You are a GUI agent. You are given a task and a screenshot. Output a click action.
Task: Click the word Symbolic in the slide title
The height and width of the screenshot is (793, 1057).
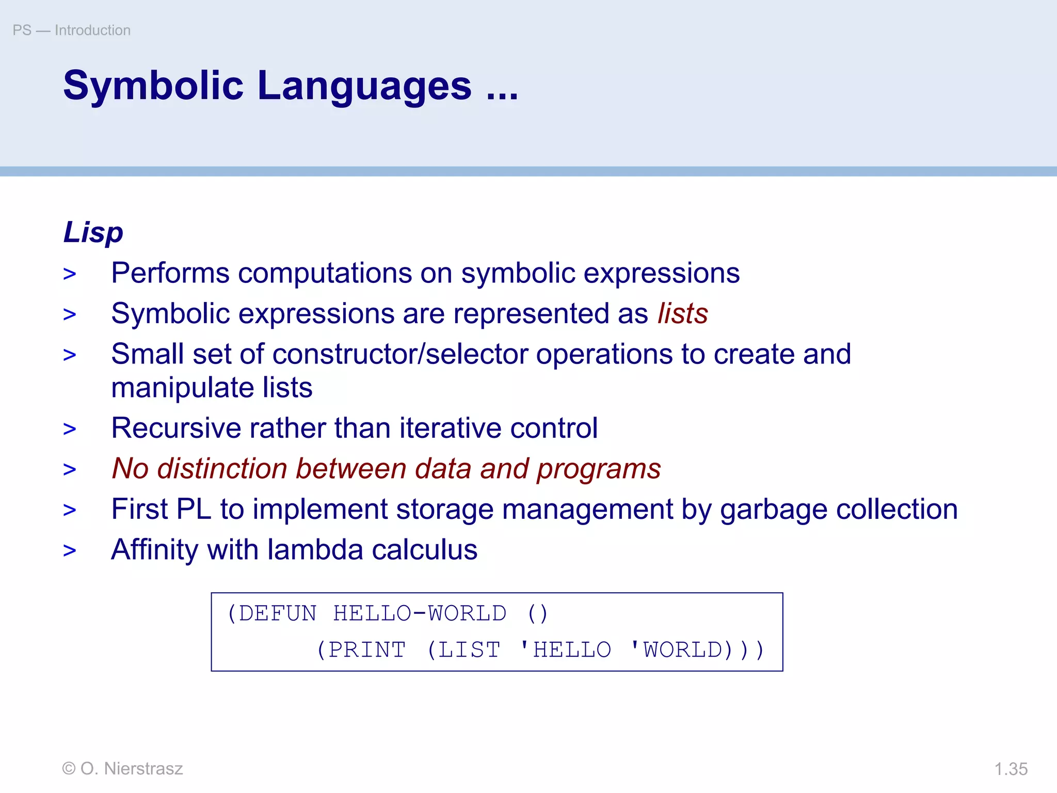pos(153,86)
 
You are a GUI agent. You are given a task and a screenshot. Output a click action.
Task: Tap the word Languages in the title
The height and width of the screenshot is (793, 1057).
pos(364,86)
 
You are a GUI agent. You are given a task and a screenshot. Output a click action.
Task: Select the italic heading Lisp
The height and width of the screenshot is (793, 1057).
pos(93,232)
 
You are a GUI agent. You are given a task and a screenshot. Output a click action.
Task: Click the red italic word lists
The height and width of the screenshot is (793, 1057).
pos(682,314)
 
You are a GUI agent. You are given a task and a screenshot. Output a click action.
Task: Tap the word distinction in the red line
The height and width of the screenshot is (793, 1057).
pos(222,469)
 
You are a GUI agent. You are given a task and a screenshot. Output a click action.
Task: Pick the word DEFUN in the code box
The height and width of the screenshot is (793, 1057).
pos(278,613)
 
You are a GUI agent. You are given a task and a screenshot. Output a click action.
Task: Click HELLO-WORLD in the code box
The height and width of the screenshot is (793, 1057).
pos(419,613)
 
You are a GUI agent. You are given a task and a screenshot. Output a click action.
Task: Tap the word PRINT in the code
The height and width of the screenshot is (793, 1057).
pos(367,649)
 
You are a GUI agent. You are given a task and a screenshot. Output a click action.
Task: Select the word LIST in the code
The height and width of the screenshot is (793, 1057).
pos(469,649)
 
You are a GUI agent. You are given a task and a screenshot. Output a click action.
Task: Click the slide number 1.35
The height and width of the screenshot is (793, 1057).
pos(1011,769)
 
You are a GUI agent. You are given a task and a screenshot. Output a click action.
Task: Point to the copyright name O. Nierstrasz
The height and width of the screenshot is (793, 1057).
pos(132,769)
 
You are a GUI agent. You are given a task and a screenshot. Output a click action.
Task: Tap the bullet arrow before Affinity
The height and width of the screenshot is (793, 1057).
pos(70,551)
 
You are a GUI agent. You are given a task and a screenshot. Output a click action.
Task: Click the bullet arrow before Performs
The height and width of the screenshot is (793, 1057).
pos(70,274)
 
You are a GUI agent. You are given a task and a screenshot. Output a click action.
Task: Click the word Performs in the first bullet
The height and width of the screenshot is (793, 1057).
pos(170,273)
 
